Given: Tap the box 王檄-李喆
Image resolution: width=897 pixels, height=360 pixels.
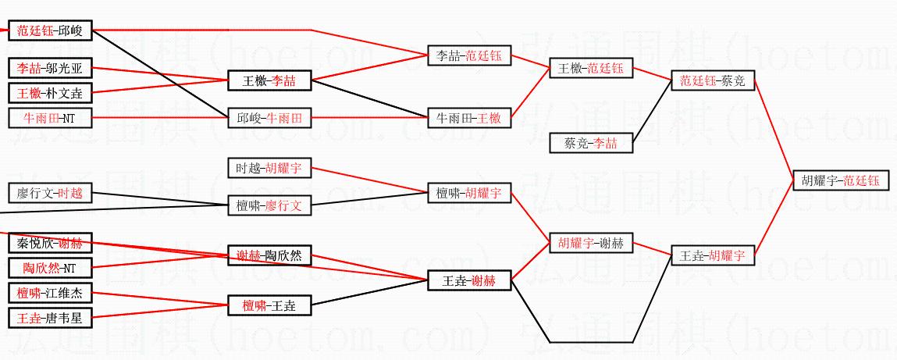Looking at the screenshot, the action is click(269, 80).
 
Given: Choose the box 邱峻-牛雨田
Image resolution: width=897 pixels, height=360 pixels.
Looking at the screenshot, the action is click(269, 118).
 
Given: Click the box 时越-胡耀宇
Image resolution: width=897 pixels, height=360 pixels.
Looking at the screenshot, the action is click(269, 168).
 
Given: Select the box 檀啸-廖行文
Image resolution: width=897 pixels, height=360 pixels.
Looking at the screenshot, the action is click(269, 205).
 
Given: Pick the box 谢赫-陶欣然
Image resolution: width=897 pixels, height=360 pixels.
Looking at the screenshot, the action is click(269, 255).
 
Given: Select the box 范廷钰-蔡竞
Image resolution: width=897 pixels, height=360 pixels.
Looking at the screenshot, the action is click(713, 80).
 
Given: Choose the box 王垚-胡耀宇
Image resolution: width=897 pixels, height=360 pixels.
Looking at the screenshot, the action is click(713, 255).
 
